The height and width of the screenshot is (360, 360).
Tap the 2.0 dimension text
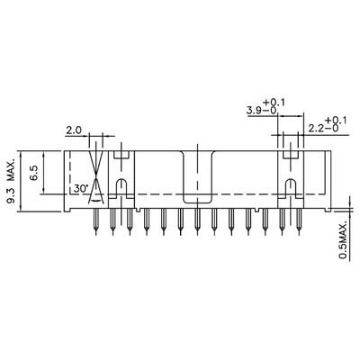(x=74, y=130)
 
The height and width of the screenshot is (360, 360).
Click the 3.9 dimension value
(x=254, y=110)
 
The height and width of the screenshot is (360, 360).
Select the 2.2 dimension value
(x=316, y=128)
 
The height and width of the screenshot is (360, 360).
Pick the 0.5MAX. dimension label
(x=344, y=239)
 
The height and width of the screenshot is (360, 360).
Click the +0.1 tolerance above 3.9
(x=274, y=102)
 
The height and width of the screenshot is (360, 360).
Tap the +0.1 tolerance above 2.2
(x=335, y=120)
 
